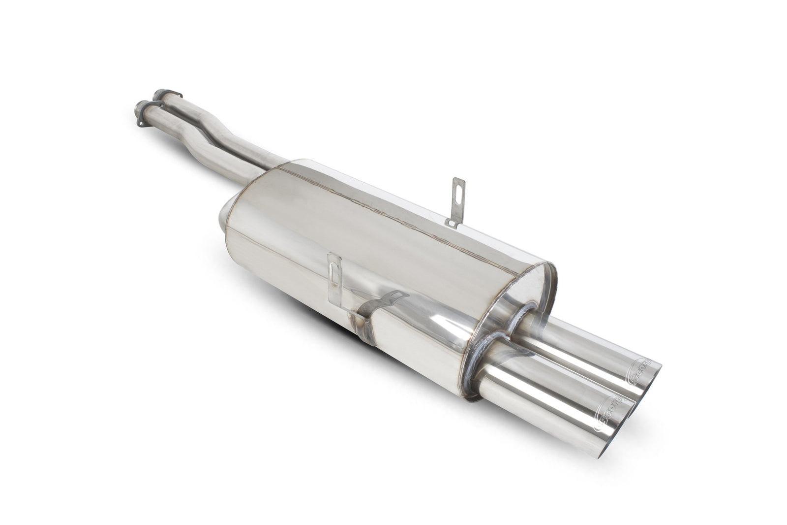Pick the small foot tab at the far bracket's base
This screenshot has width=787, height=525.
[450, 223]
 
